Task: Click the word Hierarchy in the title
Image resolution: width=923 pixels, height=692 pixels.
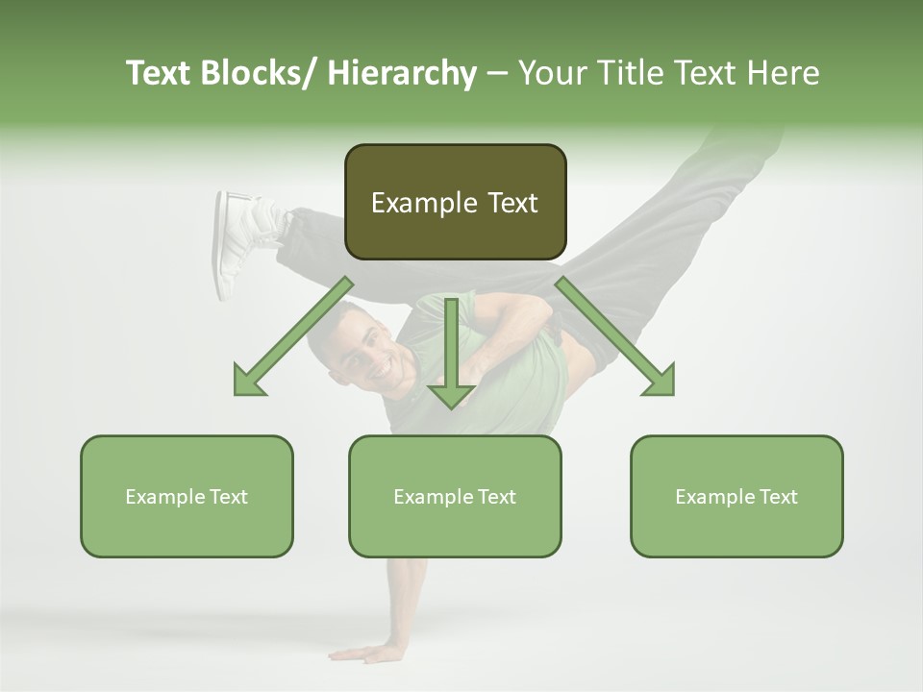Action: (402, 74)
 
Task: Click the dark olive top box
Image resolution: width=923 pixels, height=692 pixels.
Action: (455, 202)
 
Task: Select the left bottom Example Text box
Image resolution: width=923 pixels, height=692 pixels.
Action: (187, 497)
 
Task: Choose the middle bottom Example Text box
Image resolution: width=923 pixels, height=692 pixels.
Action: (455, 497)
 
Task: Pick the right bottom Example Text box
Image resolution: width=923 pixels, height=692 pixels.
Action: (736, 497)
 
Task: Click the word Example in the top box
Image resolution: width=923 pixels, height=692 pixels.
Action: (411, 204)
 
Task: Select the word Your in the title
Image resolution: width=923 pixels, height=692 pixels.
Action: (551, 74)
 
